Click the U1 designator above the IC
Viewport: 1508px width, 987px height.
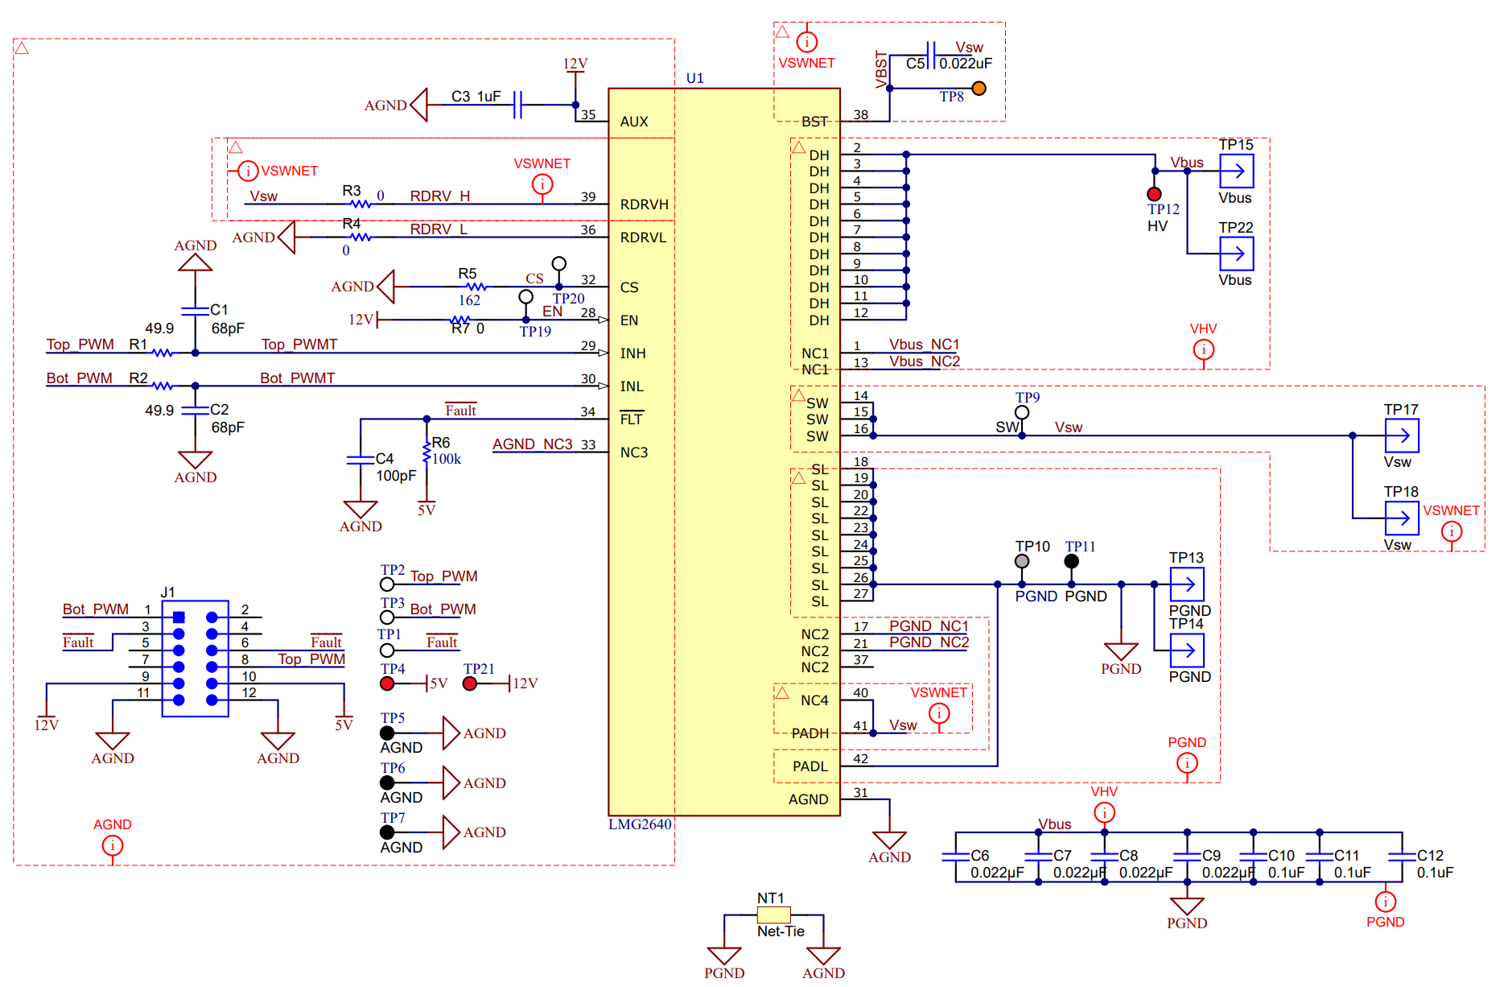click(x=694, y=78)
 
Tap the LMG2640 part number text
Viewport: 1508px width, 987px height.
click(x=640, y=824)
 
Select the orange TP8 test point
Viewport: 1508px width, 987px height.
click(x=979, y=89)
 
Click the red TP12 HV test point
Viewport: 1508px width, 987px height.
click(x=1154, y=194)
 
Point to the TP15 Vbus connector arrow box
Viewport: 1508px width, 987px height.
click(x=1236, y=171)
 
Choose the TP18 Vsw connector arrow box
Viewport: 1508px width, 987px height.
click(x=1401, y=518)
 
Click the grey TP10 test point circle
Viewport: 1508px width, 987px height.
click(x=1022, y=561)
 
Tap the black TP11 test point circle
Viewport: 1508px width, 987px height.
click(x=1071, y=561)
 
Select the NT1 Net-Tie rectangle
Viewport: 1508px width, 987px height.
click(x=773, y=915)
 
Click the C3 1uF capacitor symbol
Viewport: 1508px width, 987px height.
click(x=518, y=105)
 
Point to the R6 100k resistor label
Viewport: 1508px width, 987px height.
click(x=446, y=451)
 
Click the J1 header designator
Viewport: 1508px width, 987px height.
click(x=167, y=593)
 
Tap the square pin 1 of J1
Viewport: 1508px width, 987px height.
click(x=179, y=617)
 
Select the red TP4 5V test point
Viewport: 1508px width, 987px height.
click(x=387, y=683)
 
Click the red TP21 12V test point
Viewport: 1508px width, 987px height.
click(x=470, y=683)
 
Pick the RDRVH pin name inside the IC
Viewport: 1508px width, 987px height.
click(x=644, y=204)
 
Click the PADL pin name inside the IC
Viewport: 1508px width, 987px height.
click(x=810, y=766)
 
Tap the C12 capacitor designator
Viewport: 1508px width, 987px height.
click(x=1430, y=856)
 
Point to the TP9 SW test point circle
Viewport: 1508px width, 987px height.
click(x=1022, y=412)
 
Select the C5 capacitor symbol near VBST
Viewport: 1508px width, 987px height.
click(x=931, y=56)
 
